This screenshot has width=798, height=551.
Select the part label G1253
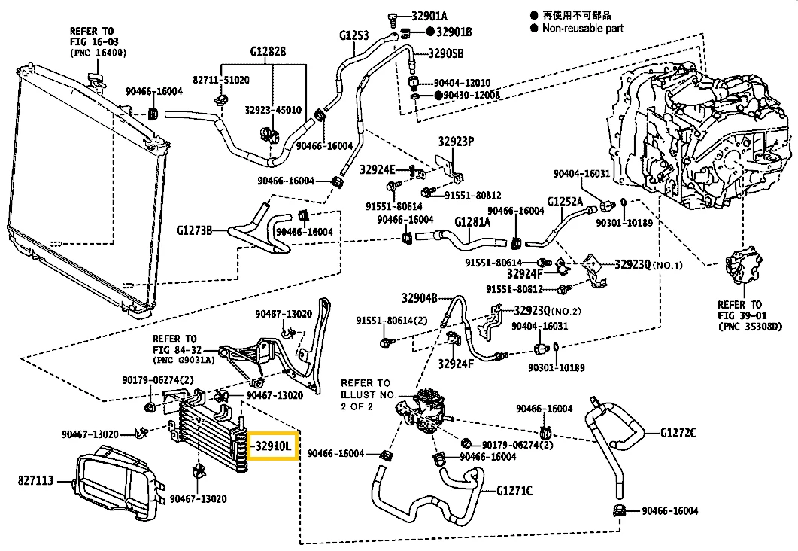click(353, 35)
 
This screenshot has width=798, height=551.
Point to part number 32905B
click(447, 53)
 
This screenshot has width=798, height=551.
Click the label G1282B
click(269, 52)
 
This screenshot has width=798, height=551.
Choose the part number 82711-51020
click(221, 79)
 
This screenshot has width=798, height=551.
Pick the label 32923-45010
click(273, 109)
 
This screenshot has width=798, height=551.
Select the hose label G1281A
click(472, 222)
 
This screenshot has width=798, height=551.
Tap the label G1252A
click(565, 202)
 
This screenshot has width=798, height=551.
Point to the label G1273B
click(195, 230)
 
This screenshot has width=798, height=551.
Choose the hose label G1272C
click(678, 433)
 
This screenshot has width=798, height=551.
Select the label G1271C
click(514, 491)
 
